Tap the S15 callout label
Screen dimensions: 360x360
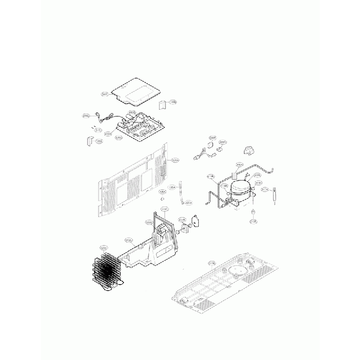(97, 130)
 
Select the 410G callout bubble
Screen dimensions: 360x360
(132, 112)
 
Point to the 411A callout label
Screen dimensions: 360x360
(86, 116)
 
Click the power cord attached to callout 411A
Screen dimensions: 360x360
(103, 117)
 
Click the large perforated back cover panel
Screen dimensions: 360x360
(133, 180)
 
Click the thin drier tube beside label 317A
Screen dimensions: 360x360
(275, 196)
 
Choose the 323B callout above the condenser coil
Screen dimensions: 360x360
(103, 248)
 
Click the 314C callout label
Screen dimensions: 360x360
(164, 209)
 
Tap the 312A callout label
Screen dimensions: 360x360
(128, 240)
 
